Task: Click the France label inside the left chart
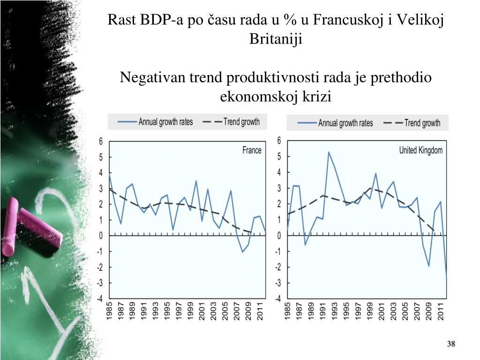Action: (252, 150)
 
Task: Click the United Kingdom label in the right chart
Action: (420, 150)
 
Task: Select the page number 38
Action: (451, 345)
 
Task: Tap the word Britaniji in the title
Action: (276, 39)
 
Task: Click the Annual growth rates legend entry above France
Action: (156, 122)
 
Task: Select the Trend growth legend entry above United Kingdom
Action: (412, 123)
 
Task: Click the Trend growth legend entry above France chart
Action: (232, 122)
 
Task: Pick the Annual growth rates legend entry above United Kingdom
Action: (336, 123)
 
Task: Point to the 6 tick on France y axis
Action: (100, 142)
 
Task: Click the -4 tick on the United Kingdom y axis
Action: (278, 299)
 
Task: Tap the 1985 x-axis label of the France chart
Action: (110, 312)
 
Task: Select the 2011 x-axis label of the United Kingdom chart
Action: (441, 312)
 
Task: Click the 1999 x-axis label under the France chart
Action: (190, 312)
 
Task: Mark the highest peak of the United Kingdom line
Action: (329, 152)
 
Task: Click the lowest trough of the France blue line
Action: (243, 252)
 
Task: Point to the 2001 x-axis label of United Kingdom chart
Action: (382, 312)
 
